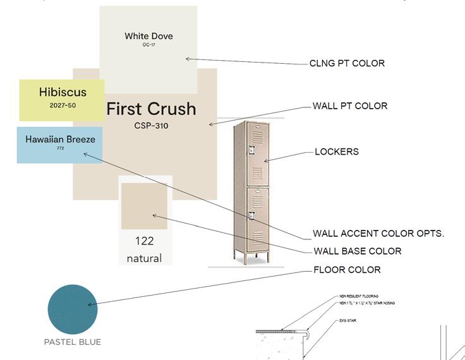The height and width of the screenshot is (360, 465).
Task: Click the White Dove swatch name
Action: click(148, 36)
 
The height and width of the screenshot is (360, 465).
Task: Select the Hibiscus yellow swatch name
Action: click(63, 92)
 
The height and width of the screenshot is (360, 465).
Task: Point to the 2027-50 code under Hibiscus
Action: click(63, 105)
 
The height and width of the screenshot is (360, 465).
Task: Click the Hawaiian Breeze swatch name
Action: click(60, 139)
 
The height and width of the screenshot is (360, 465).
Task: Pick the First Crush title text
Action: click(151, 109)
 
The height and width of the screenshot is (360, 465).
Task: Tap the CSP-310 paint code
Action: click(151, 126)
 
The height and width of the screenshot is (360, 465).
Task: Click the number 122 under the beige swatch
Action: click(145, 241)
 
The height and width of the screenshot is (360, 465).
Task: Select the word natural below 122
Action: click(144, 258)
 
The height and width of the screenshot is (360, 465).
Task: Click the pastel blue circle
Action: click(73, 309)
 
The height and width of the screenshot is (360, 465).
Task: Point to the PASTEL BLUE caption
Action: click(72, 342)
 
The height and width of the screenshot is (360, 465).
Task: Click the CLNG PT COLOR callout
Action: click(347, 63)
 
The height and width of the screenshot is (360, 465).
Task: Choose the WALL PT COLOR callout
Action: click(350, 106)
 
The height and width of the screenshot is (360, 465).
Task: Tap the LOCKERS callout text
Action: click(337, 152)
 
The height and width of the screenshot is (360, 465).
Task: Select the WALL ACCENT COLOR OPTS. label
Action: click(378, 234)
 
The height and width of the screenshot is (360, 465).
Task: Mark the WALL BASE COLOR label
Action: click(358, 251)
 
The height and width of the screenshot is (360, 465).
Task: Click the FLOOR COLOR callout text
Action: click(347, 270)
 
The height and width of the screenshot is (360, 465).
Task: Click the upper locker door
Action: click(258, 154)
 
